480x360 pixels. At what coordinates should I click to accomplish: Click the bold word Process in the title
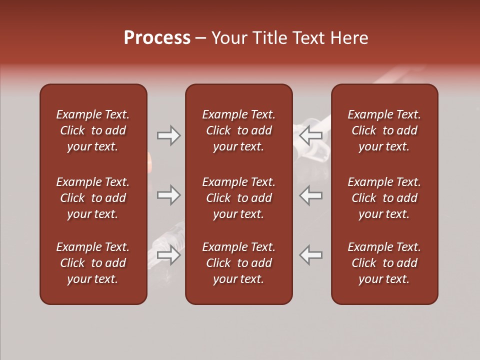tap(157, 38)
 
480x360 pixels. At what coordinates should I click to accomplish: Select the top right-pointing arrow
tap(168, 135)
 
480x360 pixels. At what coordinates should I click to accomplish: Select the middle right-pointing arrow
tap(168, 195)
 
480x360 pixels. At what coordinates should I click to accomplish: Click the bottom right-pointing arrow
tap(168, 254)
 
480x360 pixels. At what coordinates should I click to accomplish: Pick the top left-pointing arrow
tap(311, 135)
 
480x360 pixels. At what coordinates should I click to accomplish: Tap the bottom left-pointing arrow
tap(311, 254)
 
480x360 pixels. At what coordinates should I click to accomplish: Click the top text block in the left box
tap(93, 130)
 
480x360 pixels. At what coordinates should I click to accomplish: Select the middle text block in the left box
tap(93, 198)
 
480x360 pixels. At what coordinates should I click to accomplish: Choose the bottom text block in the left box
tap(93, 263)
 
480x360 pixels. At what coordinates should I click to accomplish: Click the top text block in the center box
tap(239, 130)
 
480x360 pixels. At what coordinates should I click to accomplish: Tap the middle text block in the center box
tap(239, 198)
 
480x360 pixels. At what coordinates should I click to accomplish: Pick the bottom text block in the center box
tap(239, 263)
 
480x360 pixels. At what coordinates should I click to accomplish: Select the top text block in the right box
tap(384, 130)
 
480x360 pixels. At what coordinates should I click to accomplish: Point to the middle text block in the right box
tap(384, 198)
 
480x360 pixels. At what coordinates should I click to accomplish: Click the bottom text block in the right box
tap(384, 263)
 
